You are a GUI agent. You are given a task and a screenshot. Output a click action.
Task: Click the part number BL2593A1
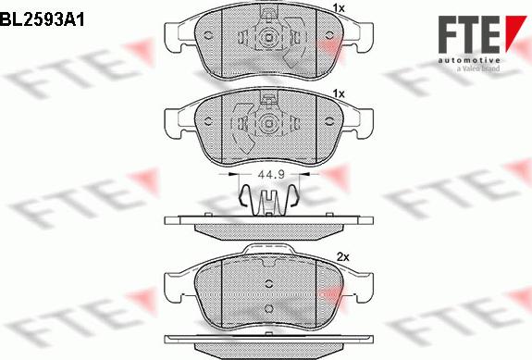(42, 20)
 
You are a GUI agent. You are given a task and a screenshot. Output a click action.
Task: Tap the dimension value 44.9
(271, 175)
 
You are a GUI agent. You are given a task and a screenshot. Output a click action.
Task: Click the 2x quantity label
(343, 257)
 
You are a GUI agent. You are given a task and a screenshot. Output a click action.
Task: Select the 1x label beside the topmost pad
(339, 8)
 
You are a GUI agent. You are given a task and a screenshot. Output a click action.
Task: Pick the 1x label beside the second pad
(339, 93)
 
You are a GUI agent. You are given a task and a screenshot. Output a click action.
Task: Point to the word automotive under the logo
(469, 60)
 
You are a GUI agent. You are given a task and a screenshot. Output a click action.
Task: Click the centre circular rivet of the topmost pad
(268, 37)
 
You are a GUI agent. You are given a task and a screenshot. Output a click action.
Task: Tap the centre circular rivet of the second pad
(268, 123)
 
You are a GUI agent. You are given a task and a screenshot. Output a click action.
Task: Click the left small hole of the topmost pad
(208, 35)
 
